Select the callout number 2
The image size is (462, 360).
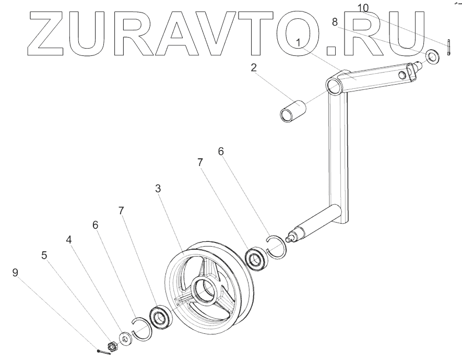click(x=253, y=68)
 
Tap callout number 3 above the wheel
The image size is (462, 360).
click(x=158, y=189)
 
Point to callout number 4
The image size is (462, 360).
click(x=68, y=240)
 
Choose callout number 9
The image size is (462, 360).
click(x=15, y=272)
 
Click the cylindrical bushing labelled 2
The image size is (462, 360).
click(x=292, y=111)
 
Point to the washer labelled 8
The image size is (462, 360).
click(x=432, y=56)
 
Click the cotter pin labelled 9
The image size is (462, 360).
click(x=102, y=352)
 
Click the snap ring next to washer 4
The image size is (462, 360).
click(x=141, y=330)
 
